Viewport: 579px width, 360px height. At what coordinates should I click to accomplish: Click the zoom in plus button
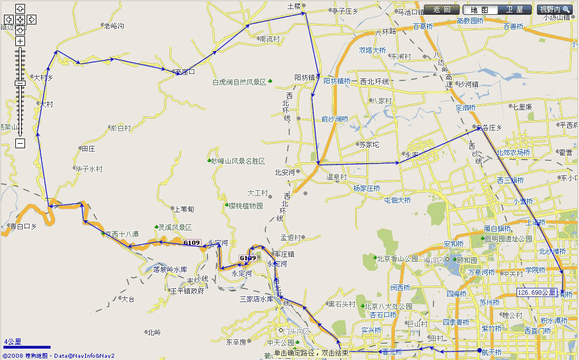20,41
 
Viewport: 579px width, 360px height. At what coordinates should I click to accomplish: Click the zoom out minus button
20,144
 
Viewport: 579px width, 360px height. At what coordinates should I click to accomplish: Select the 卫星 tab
514,10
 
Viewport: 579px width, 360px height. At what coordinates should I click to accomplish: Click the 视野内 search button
554,10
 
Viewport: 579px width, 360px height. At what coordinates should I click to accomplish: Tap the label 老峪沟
114,26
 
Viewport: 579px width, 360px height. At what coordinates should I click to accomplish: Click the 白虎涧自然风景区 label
239,82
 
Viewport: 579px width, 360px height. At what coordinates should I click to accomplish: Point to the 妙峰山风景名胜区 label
238,161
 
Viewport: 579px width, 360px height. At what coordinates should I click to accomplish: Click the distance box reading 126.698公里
536,292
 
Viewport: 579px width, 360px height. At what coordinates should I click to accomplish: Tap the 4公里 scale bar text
13,341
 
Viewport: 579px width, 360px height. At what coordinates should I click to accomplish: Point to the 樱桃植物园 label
245,206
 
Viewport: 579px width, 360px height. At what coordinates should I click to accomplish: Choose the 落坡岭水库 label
170,269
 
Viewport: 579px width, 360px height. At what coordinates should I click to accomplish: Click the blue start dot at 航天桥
480,350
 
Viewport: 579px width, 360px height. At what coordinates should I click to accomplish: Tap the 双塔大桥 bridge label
372,50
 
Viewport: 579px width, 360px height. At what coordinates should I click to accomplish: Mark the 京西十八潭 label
122,234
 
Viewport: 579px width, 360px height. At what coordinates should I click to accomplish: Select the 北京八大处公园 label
390,307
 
